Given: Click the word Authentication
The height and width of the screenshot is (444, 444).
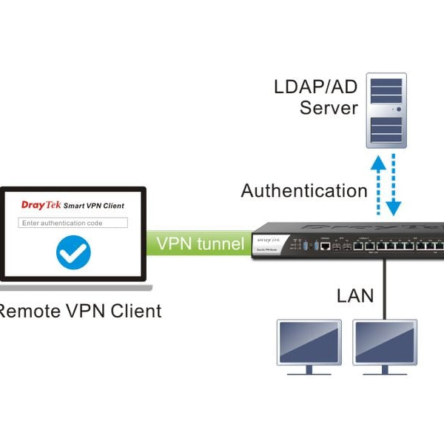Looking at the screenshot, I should coord(303,191).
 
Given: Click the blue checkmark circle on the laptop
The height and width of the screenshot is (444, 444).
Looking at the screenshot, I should coord(73,252).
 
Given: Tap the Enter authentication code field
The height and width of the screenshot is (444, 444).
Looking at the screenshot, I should coord(73,223).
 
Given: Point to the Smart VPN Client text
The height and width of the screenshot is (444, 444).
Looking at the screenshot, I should coord(94,206).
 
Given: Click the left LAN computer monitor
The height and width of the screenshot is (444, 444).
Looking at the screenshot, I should coord(309,344).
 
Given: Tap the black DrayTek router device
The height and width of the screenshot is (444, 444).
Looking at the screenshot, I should coord(348,240).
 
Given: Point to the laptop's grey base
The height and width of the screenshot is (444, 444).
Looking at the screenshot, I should coord(74,286).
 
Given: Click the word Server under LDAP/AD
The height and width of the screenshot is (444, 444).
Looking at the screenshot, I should coord(329,108).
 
